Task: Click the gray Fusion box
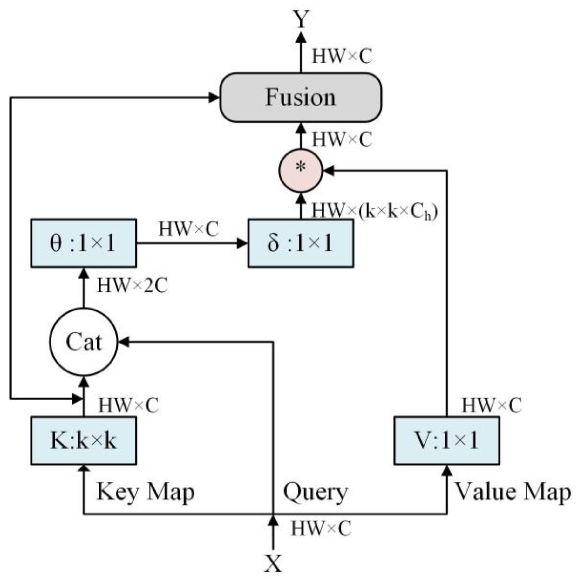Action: coord(301,98)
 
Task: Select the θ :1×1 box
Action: coord(84,243)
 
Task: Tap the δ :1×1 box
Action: coord(301,243)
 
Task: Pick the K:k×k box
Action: coord(84,441)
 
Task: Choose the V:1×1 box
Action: coord(446,441)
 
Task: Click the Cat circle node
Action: coord(84,342)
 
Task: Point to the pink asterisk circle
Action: coord(301,171)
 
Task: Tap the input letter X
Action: coord(273,563)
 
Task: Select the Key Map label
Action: coord(146,492)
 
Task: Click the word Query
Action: coord(315,492)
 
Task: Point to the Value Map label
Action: coord(513,492)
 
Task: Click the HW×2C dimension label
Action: coord(132,285)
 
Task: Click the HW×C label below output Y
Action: coord(342,57)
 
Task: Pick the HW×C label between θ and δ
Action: coord(188,229)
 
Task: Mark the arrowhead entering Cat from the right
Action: coord(124,342)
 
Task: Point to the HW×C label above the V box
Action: coord(491,405)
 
